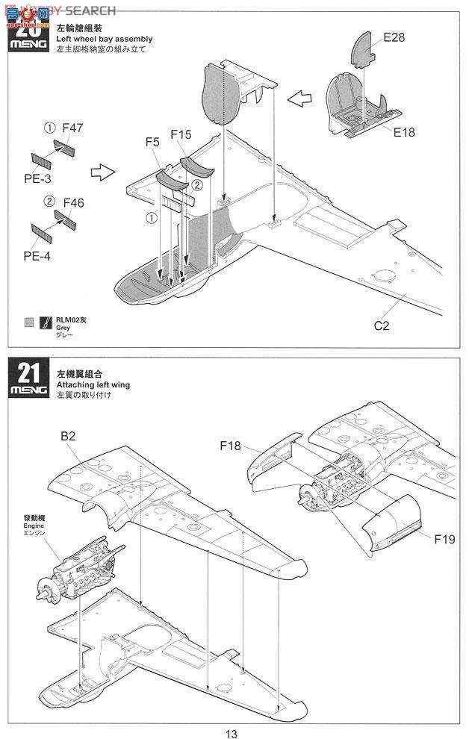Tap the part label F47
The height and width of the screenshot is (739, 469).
[x=72, y=128]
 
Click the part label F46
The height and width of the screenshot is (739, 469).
[x=74, y=202]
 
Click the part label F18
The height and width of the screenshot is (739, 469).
[x=230, y=446]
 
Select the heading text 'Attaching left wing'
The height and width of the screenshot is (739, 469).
[x=93, y=384]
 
